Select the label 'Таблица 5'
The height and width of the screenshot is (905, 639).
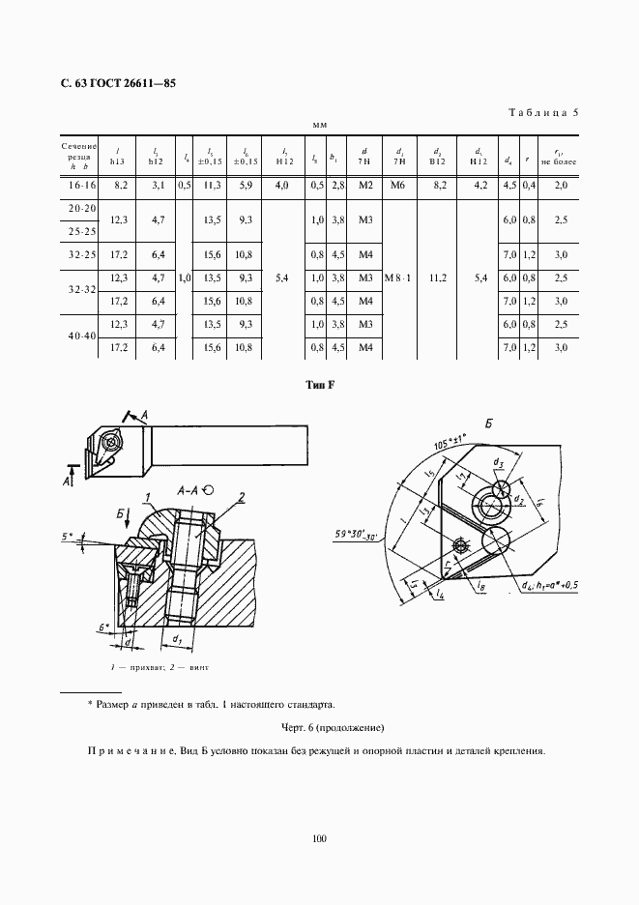tap(542, 112)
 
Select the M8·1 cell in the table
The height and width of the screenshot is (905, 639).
tap(399, 278)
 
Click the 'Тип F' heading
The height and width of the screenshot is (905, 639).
tap(319, 386)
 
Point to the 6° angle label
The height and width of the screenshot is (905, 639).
tap(104, 628)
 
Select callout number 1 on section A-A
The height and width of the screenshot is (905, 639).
tap(150, 498)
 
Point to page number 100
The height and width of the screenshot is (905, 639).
tap(319, 838)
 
